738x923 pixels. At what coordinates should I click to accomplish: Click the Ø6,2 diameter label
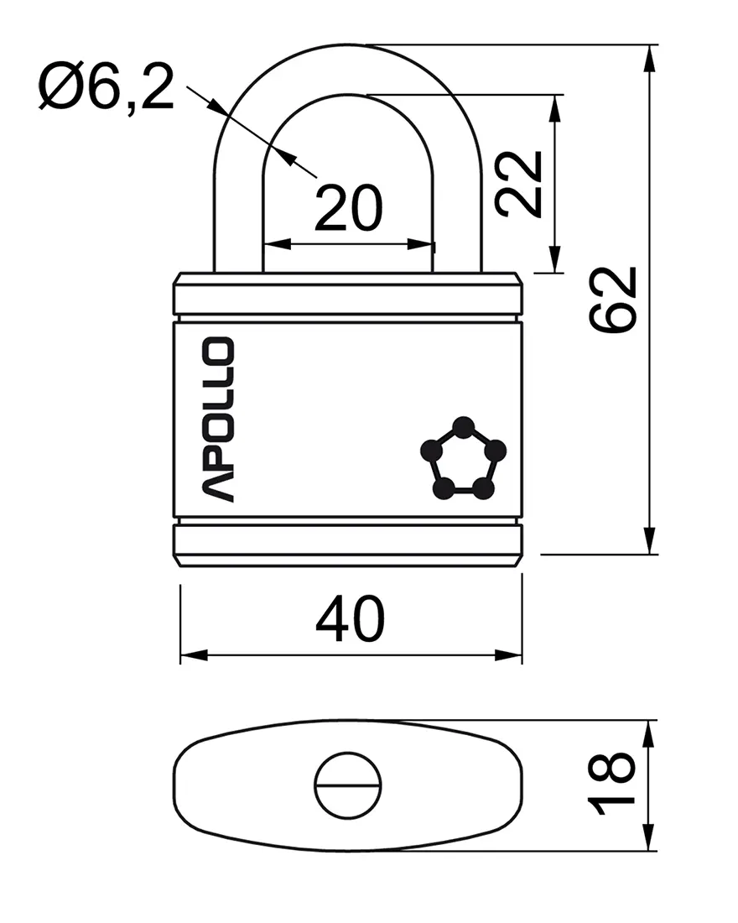pyautogui.click(x=107, y=88)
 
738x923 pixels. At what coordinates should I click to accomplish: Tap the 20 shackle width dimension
pyautogui.click(x=348, y=208)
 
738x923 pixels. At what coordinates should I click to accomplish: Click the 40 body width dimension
pyautogui.click(x=351, y=618)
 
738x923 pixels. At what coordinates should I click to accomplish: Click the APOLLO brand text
pyautogui.click(x=218, y=419)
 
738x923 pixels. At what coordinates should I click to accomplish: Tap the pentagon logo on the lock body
pyautogui.click(x=464, y=458)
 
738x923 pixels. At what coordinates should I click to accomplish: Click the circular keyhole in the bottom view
pyautogui.click(x=348, y=785)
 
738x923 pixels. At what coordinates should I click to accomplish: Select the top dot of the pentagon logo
pyautogui.click(x=464, y=426)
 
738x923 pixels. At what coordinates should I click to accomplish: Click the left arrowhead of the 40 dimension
pyautogui.click(x=195, y=655)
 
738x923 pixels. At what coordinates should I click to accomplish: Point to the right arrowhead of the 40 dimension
pyautogui.click(x=508, y=655)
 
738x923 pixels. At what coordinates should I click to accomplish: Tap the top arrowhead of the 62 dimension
pyautogui.click(x=649, y=59)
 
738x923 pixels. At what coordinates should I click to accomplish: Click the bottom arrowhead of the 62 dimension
pyautogui.click(x=649, y=540)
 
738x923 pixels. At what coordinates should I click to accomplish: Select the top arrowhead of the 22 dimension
pyautogui.click(x=553, y=108)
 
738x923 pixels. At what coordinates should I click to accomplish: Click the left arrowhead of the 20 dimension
pyautogui.click(x=278, y=243)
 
